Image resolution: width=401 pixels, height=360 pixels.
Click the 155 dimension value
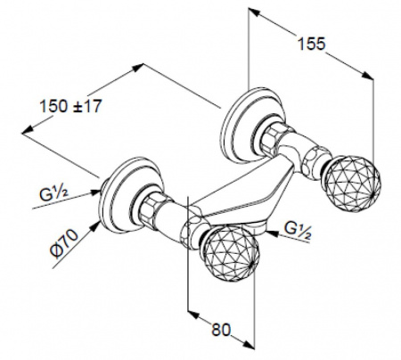311,44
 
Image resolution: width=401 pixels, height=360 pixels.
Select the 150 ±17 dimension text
70,106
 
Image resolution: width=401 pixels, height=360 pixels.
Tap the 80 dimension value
221,330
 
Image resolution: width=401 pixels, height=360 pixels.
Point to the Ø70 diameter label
64,243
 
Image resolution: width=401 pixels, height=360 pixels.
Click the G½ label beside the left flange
53,194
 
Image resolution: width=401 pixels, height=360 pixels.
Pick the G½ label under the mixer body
298,230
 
